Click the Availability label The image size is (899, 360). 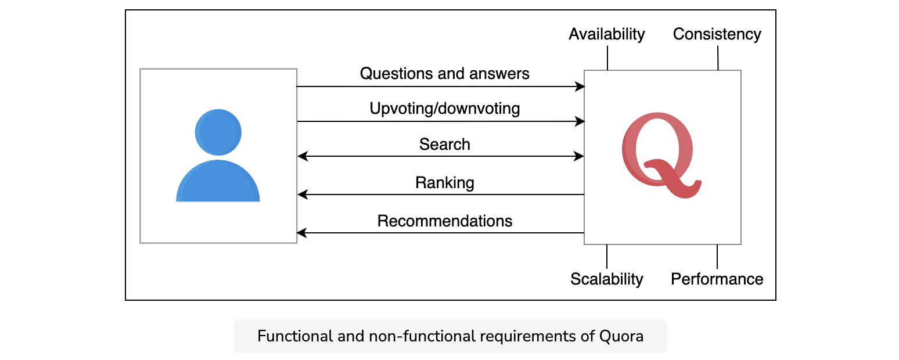606,34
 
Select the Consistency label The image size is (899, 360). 717,34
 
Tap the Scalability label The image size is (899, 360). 606,279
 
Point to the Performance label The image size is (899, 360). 717,279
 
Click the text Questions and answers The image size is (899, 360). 444,73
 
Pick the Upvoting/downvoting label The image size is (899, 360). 444,109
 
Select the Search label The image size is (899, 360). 444,144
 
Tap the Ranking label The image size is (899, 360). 444,183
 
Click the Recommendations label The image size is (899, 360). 444,221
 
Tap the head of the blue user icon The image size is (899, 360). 218,132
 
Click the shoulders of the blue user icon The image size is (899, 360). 218,181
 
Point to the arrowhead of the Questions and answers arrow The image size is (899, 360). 580,87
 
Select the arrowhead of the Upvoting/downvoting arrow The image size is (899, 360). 580,121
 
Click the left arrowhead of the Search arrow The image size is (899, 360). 303,156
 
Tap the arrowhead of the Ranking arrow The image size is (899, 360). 303,195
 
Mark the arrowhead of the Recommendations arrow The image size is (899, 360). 302,233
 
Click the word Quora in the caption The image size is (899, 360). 621,336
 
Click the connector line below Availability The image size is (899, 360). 607,58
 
